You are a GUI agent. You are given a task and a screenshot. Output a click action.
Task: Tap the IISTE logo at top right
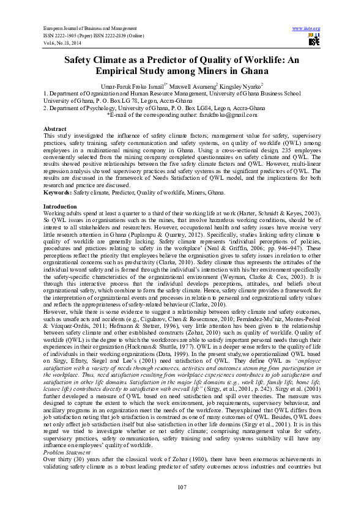pyautogui.click(x=314, y=40)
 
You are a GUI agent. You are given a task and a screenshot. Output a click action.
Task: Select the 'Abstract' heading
pyautogui.click(x=54, y=129)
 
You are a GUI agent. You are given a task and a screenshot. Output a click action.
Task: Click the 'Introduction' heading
pyautogui.click(x=60, y=207)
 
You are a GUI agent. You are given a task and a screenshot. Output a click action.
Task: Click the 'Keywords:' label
pyautogui.click(x=58, y=192)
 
